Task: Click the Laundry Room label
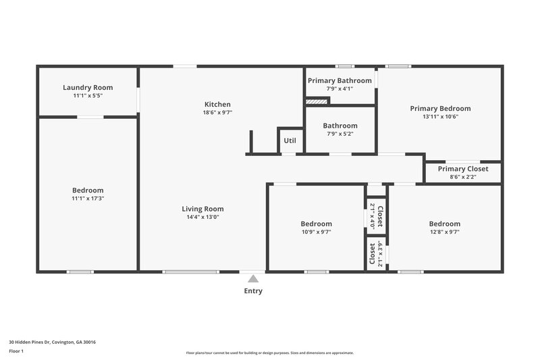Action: [x=88, y=87]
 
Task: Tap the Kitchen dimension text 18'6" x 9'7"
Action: [x=218, y=113]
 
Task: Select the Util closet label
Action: [x=290, y=140]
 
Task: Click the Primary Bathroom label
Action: [x=340, y=80]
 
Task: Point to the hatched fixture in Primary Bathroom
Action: [x=317, y=101]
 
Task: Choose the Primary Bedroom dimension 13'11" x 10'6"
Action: [x=440, y=116]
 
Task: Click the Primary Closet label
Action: [x=462, y=169]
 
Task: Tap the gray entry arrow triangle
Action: [x=253, y=278]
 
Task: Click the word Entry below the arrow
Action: [x=253, y=291]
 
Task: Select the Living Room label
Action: [x=202, y=209]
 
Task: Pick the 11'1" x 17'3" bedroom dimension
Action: [x=88, y=199]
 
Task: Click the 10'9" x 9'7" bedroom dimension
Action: [x=316, y=232]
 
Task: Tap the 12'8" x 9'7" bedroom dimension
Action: [x=444, y=232]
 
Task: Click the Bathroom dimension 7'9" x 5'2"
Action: [x=340, y=134]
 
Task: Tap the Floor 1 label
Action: [x=17, y=352]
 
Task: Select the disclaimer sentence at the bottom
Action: [x=269, y=353]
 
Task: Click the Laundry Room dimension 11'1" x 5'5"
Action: [x=88, y=95]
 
